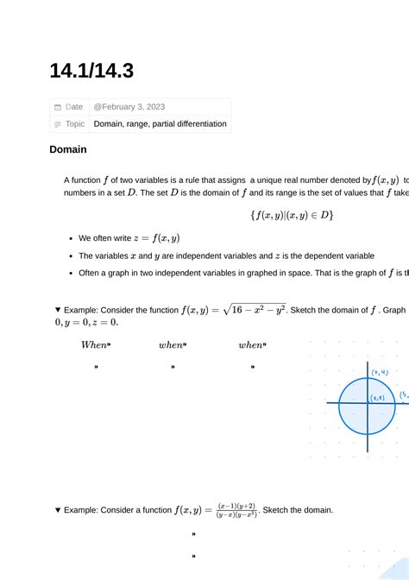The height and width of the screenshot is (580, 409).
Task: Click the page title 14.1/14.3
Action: pos(91,71)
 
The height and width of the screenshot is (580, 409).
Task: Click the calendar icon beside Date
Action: pos(58,107)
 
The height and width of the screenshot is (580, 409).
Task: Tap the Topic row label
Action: pos(75,124)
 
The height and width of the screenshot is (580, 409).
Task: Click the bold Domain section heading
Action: pos(68,149)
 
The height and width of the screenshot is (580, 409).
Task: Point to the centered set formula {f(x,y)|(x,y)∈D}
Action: pos(292,215)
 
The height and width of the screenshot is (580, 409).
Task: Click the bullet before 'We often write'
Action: pos(69,238)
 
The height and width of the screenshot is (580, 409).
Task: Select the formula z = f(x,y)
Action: pos(154,238)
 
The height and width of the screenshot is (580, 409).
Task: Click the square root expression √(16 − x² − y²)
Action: pos(254,309)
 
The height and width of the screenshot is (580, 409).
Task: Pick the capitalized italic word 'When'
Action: pos(94,345)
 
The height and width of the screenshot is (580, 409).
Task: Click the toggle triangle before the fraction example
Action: pos(58,510)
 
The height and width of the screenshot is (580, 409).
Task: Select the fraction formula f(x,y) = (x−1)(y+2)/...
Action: pos(216,510)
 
